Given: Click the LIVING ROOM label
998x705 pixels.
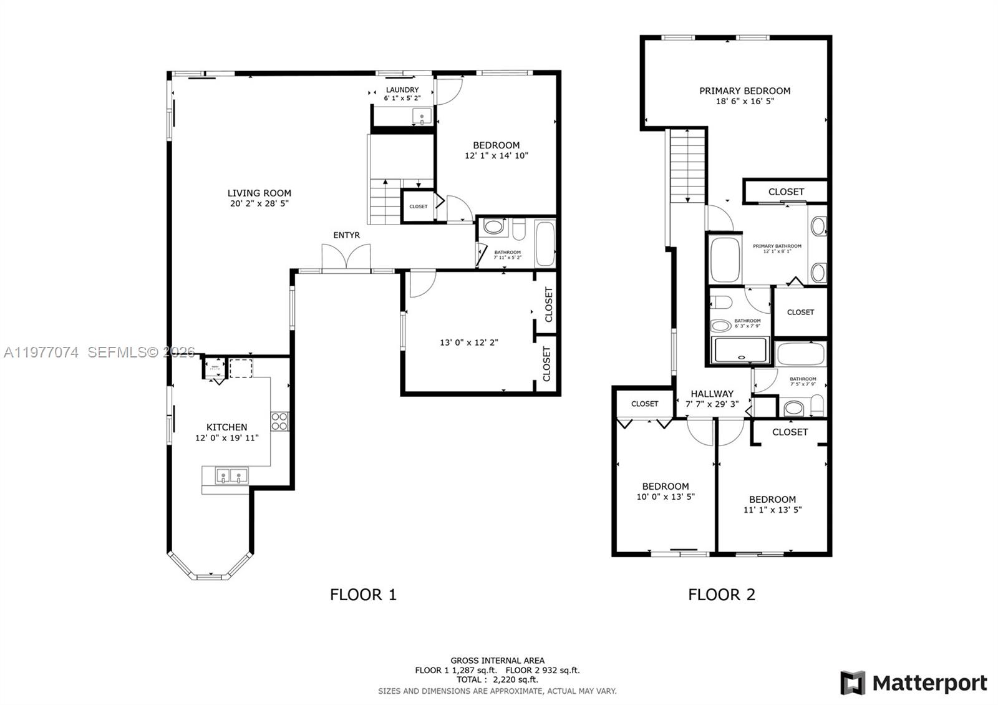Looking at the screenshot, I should (x=259, y=193).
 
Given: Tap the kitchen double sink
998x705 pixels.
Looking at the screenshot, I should (x=231, y=477).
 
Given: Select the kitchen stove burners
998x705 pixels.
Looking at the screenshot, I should (x=279, y=422).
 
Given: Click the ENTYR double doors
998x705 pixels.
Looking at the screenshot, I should (x=346, y=257).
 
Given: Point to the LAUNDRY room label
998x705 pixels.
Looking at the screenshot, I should (x=402, y=90).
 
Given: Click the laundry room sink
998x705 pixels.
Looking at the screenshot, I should (x=422, y=117).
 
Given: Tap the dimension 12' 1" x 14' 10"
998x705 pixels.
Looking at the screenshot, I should (x=496, y=156).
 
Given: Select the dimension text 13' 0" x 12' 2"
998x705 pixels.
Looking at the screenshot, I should (x=468, y=343).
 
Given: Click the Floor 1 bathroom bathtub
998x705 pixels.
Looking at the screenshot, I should (x=545, y=243).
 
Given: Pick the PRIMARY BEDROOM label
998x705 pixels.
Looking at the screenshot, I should (x=744, y=91).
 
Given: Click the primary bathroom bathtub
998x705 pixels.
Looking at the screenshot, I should (x=725, y=260).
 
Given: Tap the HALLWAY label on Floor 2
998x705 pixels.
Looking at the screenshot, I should (x=712, y=394).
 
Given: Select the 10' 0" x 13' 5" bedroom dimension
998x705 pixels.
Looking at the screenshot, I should (x=666, y=497).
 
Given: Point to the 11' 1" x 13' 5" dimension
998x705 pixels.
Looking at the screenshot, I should (x=772, y=510).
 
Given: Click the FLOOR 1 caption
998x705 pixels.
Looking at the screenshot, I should (x=363, y=595).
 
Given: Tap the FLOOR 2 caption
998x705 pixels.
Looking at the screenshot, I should (x=721, y=595).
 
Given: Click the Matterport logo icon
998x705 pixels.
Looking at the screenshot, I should (x=852, y=683).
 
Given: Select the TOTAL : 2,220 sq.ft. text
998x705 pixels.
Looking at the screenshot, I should (x=497, y=679).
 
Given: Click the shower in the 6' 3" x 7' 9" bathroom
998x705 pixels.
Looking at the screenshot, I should (x=741, y=350).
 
